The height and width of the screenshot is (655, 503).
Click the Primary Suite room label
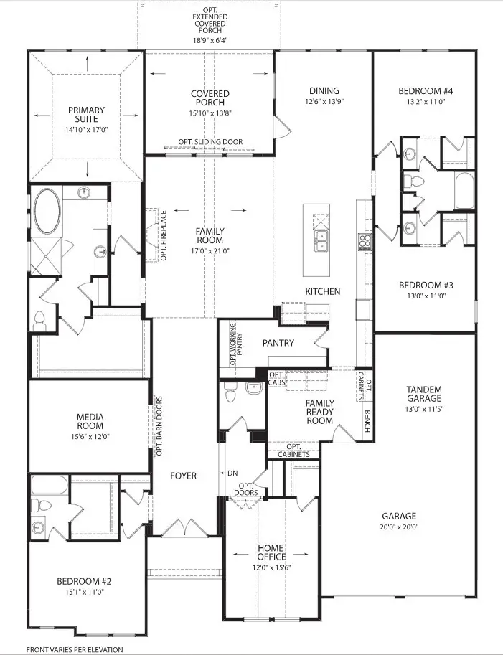(86, 115)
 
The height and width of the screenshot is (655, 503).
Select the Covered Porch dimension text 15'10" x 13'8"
(210, 113)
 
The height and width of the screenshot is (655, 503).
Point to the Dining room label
(319, 91)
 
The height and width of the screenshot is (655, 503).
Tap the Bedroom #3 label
(426, 285)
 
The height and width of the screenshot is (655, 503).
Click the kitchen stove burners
(365, 240)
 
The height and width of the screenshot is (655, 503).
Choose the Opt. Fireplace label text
(164, 235)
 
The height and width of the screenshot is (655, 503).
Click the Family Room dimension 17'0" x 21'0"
(210, 251)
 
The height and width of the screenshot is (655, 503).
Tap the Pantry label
(278, 343)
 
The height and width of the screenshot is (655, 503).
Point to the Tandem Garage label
(424, 394)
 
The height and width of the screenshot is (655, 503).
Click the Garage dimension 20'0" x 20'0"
(399, 527)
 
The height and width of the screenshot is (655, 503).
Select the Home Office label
(271, 552)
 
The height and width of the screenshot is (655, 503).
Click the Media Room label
(90, 422)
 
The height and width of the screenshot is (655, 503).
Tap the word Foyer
(184, 475)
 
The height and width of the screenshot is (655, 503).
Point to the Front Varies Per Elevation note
(75, 649)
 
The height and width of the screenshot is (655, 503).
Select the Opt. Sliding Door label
(210, 142)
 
